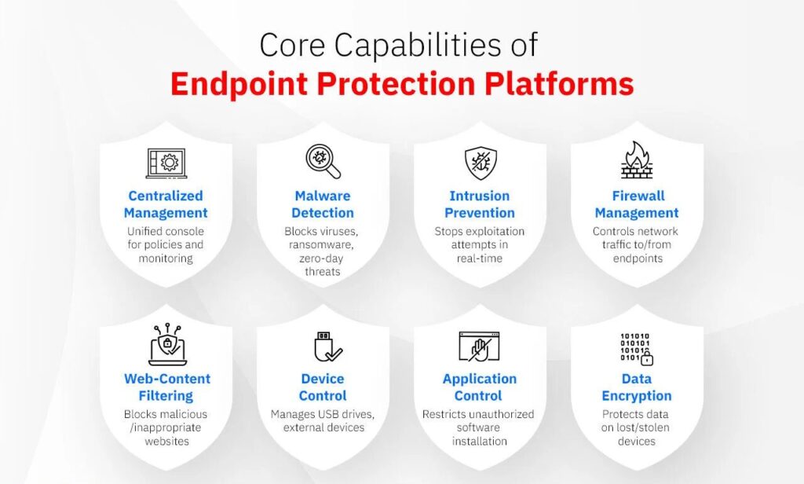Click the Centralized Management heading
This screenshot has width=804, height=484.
pos(166,204)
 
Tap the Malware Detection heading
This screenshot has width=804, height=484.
pos(323,204)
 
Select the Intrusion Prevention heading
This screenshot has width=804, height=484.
pos(479,204)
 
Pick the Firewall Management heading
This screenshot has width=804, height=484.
pos(637,204)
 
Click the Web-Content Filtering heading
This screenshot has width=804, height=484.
pos(166,387)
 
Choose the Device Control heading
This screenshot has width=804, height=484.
pos(323,387)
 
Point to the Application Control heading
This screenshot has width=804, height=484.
pos(479,387)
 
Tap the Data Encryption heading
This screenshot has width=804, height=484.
pos(637,387)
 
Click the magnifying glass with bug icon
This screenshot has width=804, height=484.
pos(323,161)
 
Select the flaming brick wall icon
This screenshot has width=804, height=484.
pos(637,160)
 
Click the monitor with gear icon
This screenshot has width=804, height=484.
pos(166,163)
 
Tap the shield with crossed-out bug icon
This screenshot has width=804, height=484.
pos(479,162)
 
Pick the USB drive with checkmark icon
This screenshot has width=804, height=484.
pos(323,346)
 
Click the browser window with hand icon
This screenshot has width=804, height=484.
pos(479,346)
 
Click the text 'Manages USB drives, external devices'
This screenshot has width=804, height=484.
pos(323,420)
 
